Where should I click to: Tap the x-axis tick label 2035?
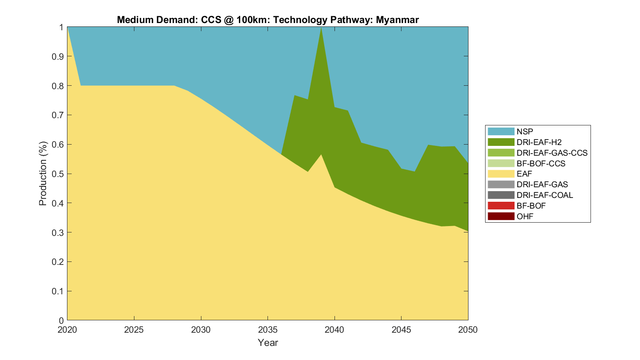click(x=268, y=330)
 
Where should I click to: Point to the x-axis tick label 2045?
click(x=401, y=330)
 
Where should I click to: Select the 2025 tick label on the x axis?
click(x=134, y=330)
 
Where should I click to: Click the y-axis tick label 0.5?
click(x=58, y=174)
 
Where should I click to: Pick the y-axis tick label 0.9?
click(x=58, y=57)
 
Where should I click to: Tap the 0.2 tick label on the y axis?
click(x=58, y=262)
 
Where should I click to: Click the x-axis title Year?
click(x=268, y=343)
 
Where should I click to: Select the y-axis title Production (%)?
click(x=43, y=174)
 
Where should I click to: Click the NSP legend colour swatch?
click(x=501, y=131)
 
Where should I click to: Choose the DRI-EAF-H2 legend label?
click(x=539, y=142)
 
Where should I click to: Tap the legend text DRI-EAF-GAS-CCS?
click(x=552, y=153)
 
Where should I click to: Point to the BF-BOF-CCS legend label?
click(x=541, y=163)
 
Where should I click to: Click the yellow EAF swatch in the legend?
click(x=501, y=174)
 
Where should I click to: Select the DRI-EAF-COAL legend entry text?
click(x=544, y=195)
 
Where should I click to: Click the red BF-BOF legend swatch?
click(x=501, y=206)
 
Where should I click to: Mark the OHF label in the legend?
click(x=525, y=216)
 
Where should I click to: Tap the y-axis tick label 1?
click(x=61, y=27)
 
